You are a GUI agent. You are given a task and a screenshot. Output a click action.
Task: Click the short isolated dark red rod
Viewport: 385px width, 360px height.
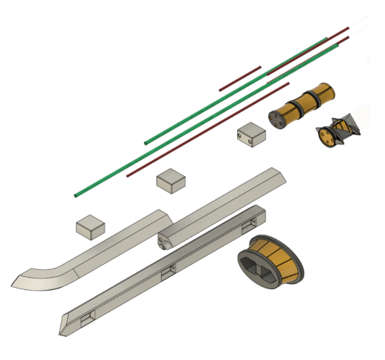[240, 78]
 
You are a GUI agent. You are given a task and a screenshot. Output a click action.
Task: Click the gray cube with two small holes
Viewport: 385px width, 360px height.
[251, 135]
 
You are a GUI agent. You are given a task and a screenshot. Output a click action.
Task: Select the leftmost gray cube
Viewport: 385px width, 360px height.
[91, 225]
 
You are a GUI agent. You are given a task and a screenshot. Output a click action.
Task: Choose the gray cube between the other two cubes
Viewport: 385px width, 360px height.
[172, 182]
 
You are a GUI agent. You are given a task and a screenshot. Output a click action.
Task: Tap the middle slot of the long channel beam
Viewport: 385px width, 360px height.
[169, 269]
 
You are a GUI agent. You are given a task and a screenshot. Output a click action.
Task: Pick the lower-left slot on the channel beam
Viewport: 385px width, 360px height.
[87, 315]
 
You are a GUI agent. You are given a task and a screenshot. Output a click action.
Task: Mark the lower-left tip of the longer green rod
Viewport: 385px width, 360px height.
[76, 195]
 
